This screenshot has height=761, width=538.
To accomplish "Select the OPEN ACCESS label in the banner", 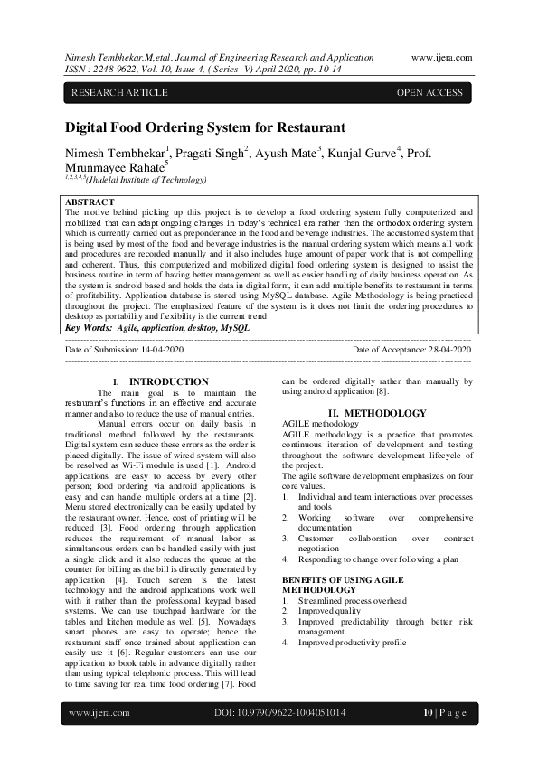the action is click(x=430, y=93).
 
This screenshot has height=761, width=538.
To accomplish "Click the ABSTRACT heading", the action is click(x=90, y=202).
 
